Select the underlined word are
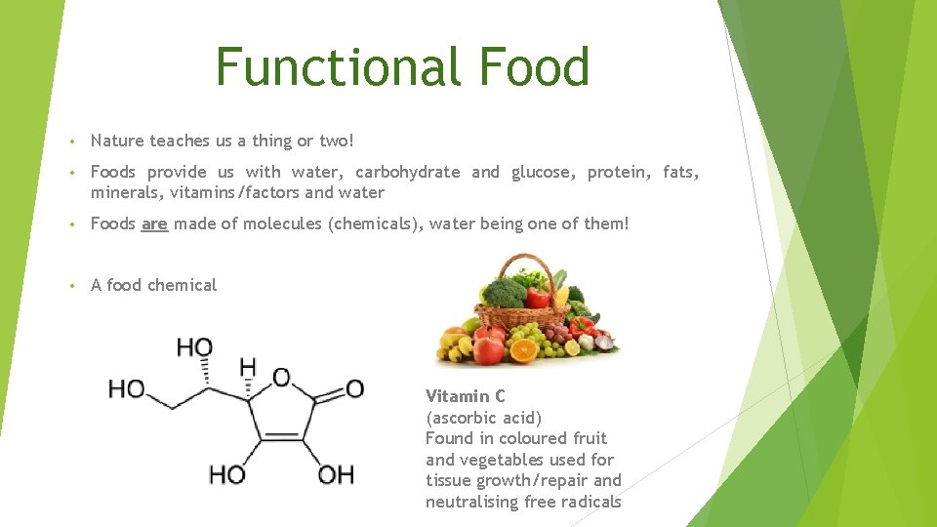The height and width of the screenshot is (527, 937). coord(154,223)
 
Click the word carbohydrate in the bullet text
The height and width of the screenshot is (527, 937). coord(407,172)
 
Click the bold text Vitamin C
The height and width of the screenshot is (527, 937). coord(466,396)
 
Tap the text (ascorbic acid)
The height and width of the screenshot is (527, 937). coord(484,418)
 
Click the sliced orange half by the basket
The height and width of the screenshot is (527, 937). coord(524,348)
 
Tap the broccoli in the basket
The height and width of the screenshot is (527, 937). coord(507,293)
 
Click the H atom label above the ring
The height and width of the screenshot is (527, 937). coord(248,368)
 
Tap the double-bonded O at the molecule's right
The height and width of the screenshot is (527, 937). coord(353,389)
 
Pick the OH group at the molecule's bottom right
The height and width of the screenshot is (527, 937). coord(336,475)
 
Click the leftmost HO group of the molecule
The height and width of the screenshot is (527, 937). coord(127,390)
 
